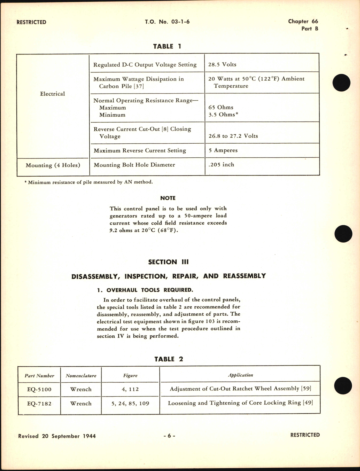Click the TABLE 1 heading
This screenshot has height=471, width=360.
coord(167,46)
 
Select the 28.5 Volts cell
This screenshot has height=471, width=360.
coord(222,65)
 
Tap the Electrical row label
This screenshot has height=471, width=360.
coord(52,94)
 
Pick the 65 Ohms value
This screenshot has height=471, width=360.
coord(221,108)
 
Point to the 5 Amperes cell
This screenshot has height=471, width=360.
coord(223,151)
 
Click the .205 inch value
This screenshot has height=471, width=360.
coord(221,165)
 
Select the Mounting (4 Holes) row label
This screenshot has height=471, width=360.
coord(53,165)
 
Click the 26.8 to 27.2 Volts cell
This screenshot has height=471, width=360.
coord(233,136)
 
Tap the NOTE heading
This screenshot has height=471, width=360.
coord(168,198)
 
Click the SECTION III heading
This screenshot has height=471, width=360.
coord(168,262)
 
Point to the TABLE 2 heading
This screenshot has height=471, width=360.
coord(168,359)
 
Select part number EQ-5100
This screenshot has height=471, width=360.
coord(39,389)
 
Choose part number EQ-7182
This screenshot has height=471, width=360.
coord(39,404)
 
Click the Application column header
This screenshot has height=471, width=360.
coord(240,375)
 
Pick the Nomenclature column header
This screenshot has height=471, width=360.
coord(81,376)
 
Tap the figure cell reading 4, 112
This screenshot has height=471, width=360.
coord(131,389)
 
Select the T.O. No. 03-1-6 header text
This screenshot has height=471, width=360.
coord(168,22)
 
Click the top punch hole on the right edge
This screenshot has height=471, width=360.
coord(341,83)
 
